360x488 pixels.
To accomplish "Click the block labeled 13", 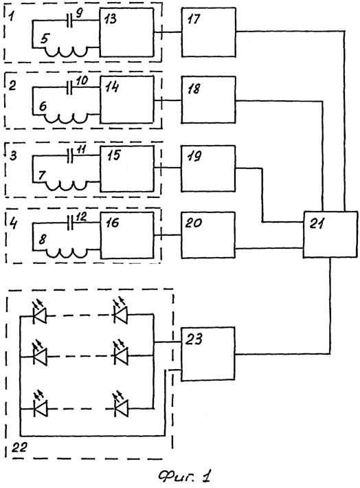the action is tap(126, 32).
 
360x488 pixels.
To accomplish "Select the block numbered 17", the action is tap(208, 32).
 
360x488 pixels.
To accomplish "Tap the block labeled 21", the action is tap(330, 234).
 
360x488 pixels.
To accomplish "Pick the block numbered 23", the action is tap(208, 353).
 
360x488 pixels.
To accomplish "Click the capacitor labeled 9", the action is tap(70, 21).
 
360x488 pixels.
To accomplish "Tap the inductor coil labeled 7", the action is tap(67, 186).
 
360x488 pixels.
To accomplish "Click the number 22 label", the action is tap(19, 448).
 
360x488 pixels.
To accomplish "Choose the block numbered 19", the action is tap(208, 168).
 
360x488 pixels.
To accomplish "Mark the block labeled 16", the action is tap(127, 235).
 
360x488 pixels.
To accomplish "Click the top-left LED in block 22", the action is tap(40, 313).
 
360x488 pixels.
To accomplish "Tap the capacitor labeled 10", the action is tap(70, 88).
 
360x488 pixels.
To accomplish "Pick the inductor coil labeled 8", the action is tap(67, 252).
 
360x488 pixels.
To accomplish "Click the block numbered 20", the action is tap(208, 235).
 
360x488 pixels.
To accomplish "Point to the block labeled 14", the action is tap(127, 100).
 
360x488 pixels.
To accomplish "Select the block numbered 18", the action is tap(208, 100).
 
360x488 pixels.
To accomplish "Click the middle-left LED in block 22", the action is tap(40, 354).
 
